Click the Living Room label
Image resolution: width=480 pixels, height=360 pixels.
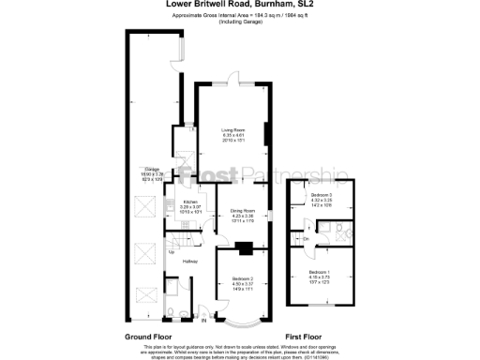click(232, 130)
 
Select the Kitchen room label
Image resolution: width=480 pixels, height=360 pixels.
click(190, 202)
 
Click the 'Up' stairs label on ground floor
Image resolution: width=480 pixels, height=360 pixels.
click(171, 251)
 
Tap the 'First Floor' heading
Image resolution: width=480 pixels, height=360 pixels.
click(307, 336)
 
